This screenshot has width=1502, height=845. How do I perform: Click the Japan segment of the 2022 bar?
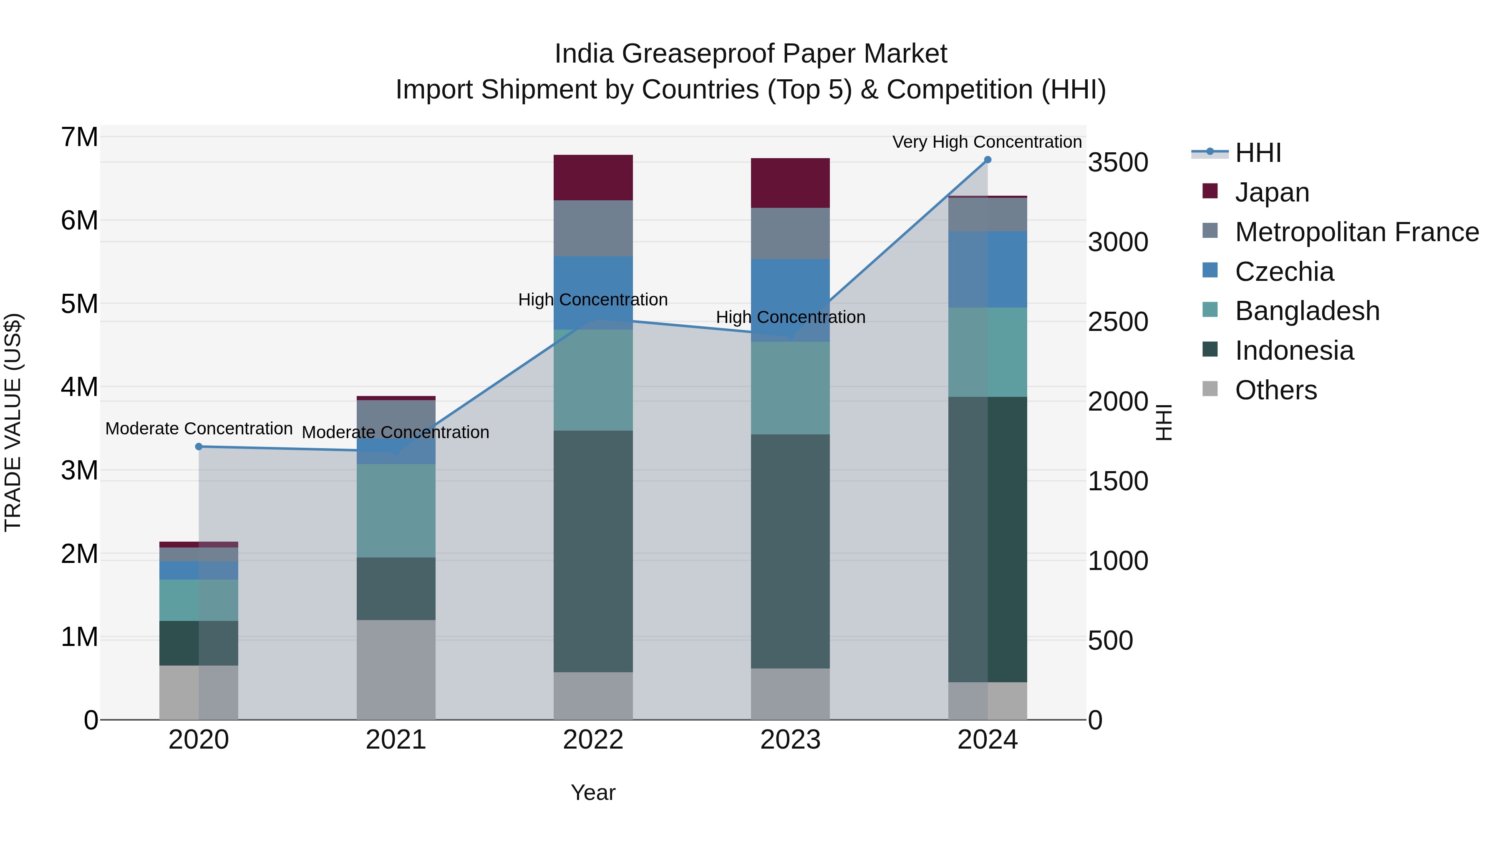click(593, 177)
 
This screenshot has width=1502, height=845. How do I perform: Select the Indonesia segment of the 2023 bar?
click(790, 551)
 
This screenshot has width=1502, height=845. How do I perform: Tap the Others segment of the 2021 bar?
click(396, 669)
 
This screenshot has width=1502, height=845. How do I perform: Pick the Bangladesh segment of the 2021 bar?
click(396, 510)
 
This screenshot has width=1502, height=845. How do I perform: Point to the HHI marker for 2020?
click(199, 446)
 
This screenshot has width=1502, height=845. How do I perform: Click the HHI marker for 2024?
click(988, 160)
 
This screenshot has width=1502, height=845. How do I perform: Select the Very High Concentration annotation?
click(987, 142)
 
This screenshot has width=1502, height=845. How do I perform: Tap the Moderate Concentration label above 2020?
click(199, 429)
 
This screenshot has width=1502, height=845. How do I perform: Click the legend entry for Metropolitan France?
click(1356, 232)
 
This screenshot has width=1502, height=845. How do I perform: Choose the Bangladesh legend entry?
click(1307, 311)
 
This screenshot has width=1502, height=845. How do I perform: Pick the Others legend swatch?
click(1210, 389)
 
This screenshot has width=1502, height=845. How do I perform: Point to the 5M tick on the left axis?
click(80, 304)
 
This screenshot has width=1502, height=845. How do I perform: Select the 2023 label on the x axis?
click(790, 740)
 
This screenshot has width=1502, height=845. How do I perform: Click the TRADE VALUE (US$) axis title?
click(13, 422)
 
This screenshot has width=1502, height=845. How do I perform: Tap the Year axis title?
click(593, 792)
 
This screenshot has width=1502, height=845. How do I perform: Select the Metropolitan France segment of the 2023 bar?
click(790, 233)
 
